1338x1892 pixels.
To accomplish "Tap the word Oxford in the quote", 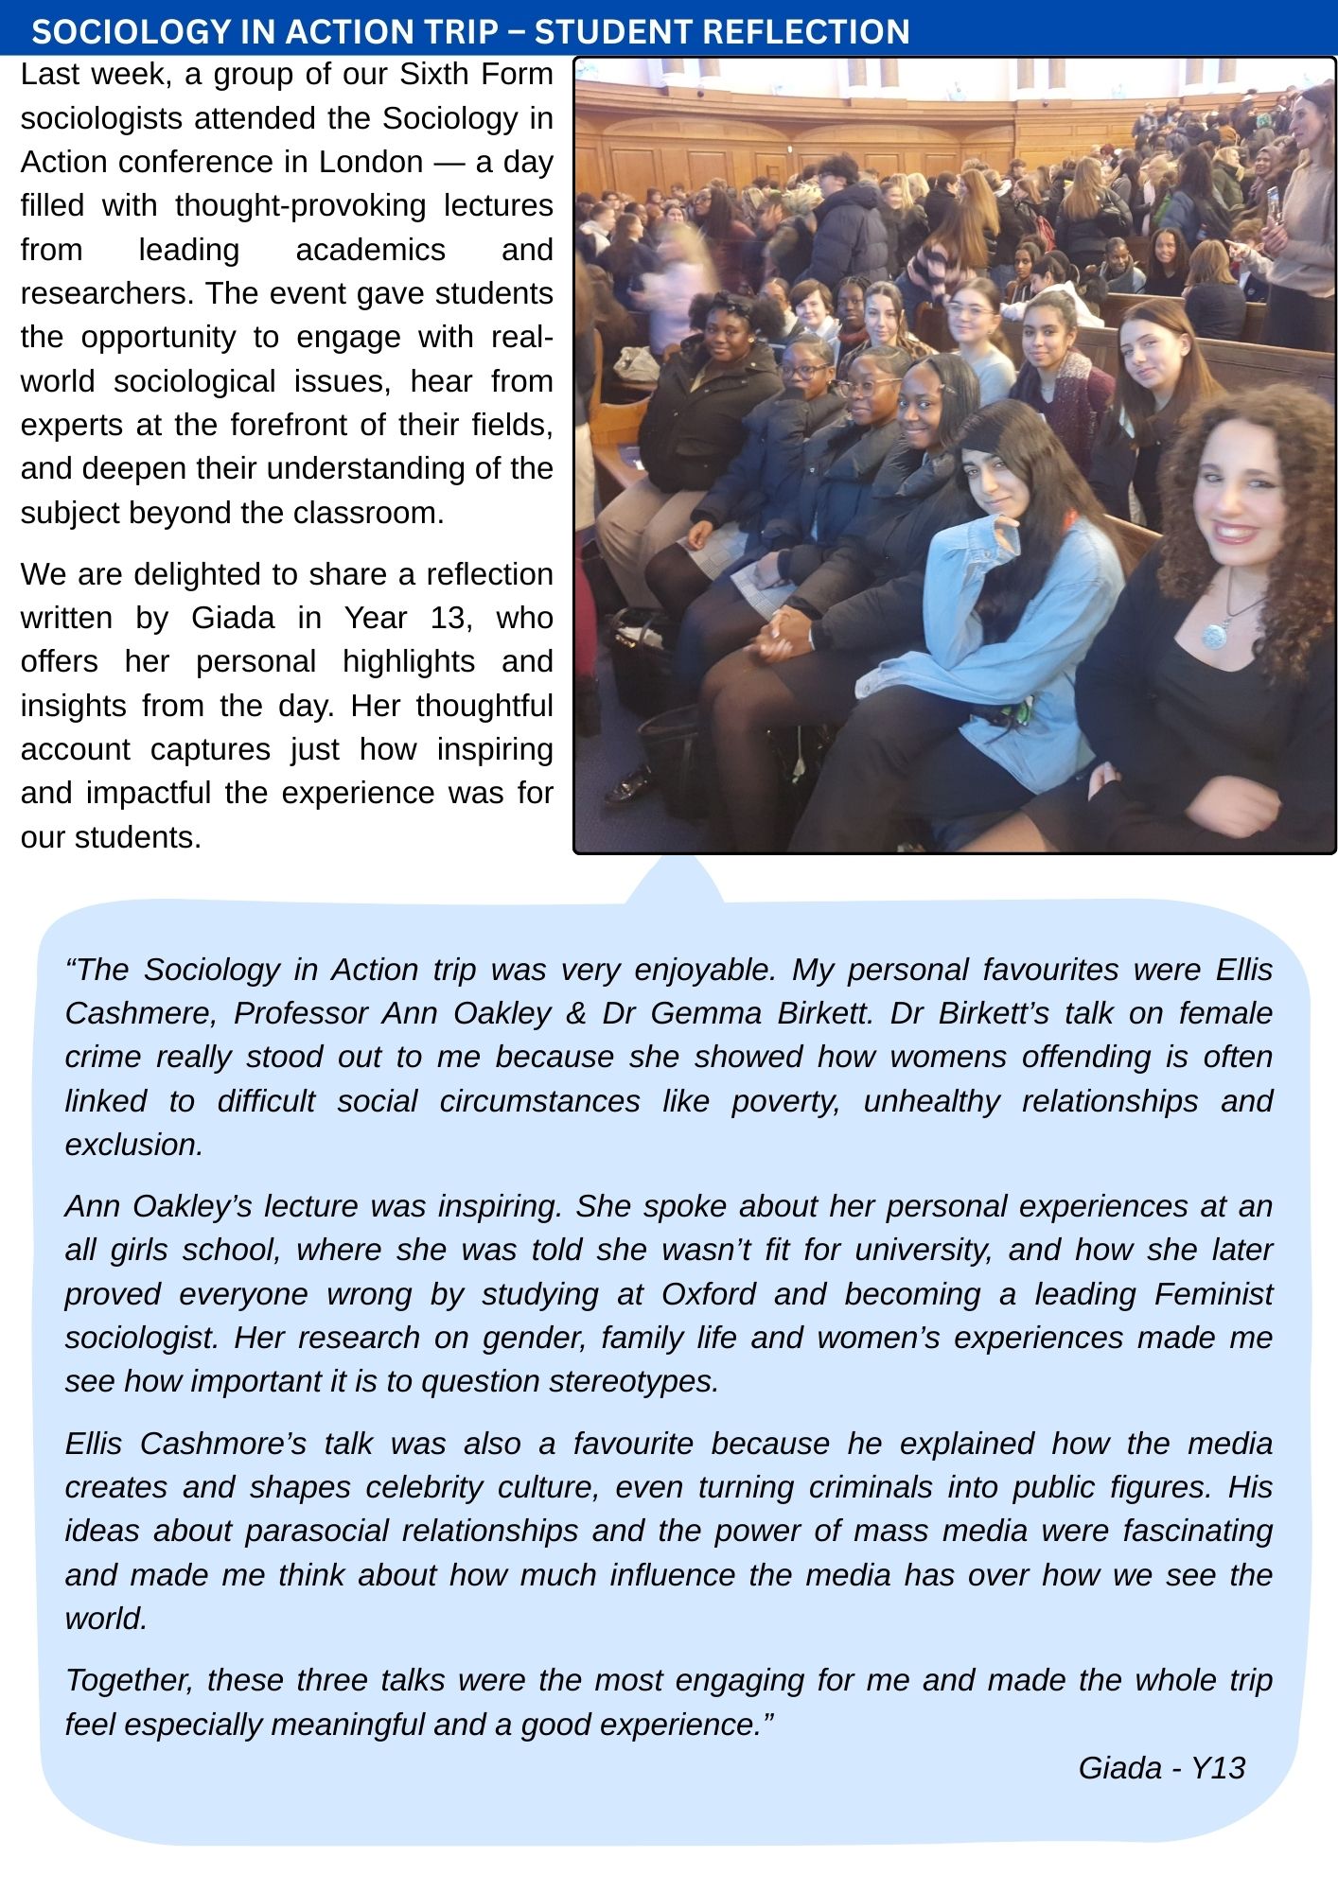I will tap(708, 1294).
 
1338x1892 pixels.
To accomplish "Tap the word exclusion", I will tap(133, 1145).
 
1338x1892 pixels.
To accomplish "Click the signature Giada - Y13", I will tap(1161, 1768).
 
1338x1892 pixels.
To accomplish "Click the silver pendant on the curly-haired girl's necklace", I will tap(1213, 635).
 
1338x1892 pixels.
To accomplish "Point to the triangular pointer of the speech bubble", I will tap(674, 879).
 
